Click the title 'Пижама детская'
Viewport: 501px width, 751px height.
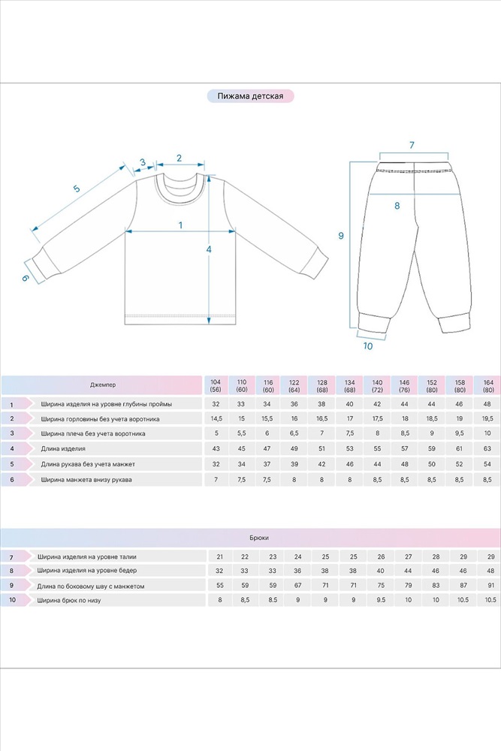point(250,97)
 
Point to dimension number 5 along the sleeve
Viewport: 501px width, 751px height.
point(76,189)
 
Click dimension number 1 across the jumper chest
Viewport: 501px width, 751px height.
point(180,225)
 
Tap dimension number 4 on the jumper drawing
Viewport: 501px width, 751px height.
point(210,249)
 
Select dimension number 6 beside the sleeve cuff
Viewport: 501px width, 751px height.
point(25,278)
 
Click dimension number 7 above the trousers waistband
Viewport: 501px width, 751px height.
point(412,144)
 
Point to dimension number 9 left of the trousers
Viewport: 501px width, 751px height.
point(341,236)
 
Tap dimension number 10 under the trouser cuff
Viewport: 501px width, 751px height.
point(367,346)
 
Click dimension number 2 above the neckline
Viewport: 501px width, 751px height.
point(180,158)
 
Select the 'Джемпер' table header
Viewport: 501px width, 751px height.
point(103,385)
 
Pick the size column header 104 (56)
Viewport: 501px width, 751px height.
point(216,385)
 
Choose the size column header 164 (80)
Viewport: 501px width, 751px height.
point(489,385)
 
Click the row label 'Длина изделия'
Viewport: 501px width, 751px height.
point(64,448)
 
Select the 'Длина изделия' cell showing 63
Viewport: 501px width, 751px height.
point(489,448)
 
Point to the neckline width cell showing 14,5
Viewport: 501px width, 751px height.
point(216,418)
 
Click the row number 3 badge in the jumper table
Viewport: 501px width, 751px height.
point(13,433)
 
